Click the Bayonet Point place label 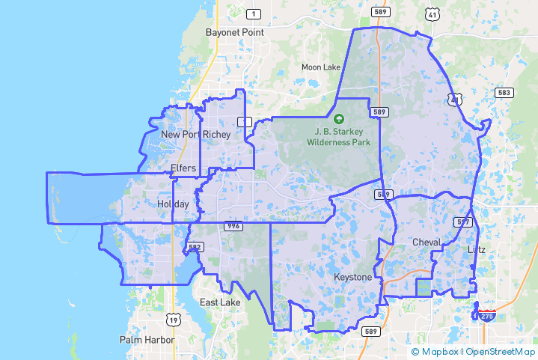click(234, 33)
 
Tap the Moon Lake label click(321, 67)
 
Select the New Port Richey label click(196, 135)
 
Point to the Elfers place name click(183, 168)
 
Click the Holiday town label click(173, 204)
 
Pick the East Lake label click(220, 302)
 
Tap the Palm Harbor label click(147, 340)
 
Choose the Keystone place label click(352, 278)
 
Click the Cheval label click(427, 242)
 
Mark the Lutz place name click(476, 249)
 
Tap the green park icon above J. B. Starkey click(339, 119)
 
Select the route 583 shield click(504, 93)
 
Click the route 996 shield click(231, 226)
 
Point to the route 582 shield click(195, 247)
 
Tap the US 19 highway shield click(174, 320)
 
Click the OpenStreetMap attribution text click(499, 351)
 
